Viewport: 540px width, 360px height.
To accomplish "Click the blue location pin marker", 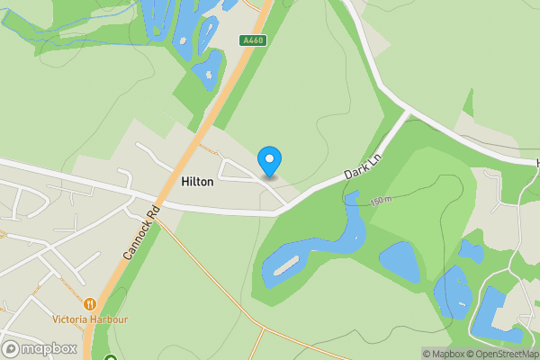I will [x=269, y=161].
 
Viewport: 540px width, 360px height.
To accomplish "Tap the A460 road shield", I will [x=253, y=40].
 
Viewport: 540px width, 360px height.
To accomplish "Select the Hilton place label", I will [x=197, y=182].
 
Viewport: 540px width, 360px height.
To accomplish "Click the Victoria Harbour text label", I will [x=90, y=319].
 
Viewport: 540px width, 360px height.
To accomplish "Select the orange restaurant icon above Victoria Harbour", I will [x=90, y=304].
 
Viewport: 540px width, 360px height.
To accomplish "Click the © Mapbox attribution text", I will [x=442, y=354].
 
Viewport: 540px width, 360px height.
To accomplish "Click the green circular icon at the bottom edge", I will [x=111, y=359].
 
